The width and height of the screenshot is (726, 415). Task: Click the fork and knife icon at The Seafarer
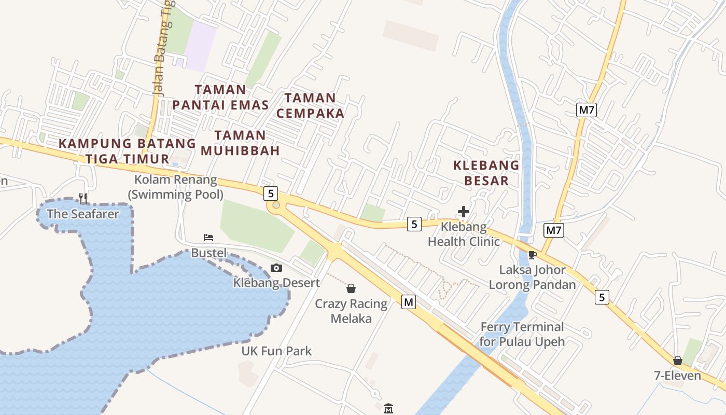tap(83, 198)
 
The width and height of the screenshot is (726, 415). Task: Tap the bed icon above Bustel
tap(208, 238)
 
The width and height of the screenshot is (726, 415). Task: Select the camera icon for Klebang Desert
tap(276, 268)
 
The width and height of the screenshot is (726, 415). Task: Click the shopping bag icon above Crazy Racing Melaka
tap(351, 288)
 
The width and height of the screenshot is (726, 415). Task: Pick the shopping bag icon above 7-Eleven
tap(678, 360)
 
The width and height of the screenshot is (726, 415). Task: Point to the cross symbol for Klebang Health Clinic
tap(464, 212)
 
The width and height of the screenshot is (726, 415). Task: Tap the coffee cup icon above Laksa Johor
tap(532, 255)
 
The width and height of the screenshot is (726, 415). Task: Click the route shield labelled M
tap(409, 301)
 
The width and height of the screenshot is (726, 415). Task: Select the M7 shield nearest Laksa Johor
tap(554, 230)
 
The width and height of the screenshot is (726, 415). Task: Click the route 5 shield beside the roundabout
tap(270, 193)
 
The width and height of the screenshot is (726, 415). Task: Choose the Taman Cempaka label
tap(310, 105)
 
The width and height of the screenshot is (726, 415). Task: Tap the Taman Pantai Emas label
tap(220, 97)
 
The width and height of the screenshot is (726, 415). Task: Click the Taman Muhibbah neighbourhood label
tap(240, 143)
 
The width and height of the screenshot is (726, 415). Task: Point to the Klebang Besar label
tap(486, 173)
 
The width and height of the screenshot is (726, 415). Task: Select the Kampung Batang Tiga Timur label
tap(127, 150)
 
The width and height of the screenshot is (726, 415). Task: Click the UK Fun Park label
tap(276, 351)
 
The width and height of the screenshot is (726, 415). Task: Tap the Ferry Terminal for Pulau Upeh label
tap(522, 334)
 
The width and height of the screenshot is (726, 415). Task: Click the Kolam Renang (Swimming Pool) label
tap(176, 187)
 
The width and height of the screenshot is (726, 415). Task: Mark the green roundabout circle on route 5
tap(276, 205)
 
